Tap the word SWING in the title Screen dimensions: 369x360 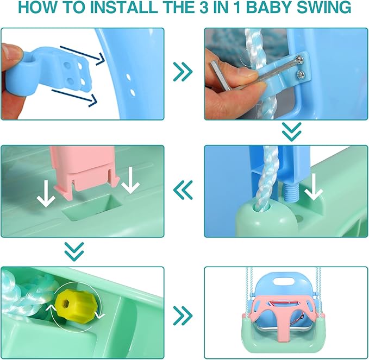coord(324,7)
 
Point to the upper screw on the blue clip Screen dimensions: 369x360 coord(300,60)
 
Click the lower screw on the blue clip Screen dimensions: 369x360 coord(301,75)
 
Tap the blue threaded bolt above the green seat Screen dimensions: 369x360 coord(291,191)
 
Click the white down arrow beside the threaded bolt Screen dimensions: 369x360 coord(313,187)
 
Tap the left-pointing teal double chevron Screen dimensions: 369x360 coord(183,190)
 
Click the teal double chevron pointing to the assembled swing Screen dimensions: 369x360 coord(183,315)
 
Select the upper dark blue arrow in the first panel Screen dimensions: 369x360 coord(83,55)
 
